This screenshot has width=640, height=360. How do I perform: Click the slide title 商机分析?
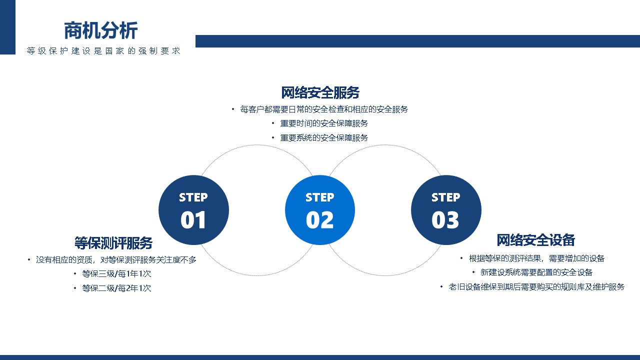[101, 30]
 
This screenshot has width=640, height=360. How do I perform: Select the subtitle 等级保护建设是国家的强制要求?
[103, 51]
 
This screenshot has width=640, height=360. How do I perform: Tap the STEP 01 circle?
[193, 210]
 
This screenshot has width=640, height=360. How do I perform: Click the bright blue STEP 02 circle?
[320, 210]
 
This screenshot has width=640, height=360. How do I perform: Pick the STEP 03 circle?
[446, 210]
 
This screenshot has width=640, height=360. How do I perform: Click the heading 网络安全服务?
[320, 92]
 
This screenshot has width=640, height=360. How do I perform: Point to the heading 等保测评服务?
[113, 243]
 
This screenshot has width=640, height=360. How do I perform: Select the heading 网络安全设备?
[535, 240]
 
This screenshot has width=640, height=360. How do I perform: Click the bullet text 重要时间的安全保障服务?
[324, 123]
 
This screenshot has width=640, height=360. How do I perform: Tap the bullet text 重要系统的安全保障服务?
[324, 137]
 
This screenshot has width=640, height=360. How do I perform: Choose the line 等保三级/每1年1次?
[116, 273]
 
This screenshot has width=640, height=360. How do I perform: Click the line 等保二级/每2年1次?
[116, 288]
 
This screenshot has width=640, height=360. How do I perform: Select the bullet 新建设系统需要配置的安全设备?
[536, 272]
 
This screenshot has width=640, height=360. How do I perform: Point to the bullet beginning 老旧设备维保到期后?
[536, 286]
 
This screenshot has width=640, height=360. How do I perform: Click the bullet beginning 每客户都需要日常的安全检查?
[324, 109]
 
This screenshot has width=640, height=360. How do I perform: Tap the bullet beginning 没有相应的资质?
[116, 259]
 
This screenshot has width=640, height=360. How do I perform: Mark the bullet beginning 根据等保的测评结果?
[536, 258]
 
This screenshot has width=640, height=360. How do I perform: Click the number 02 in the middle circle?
[319, 220]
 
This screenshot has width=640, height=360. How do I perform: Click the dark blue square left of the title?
[7, 27]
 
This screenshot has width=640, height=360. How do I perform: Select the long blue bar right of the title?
[417, 41]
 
